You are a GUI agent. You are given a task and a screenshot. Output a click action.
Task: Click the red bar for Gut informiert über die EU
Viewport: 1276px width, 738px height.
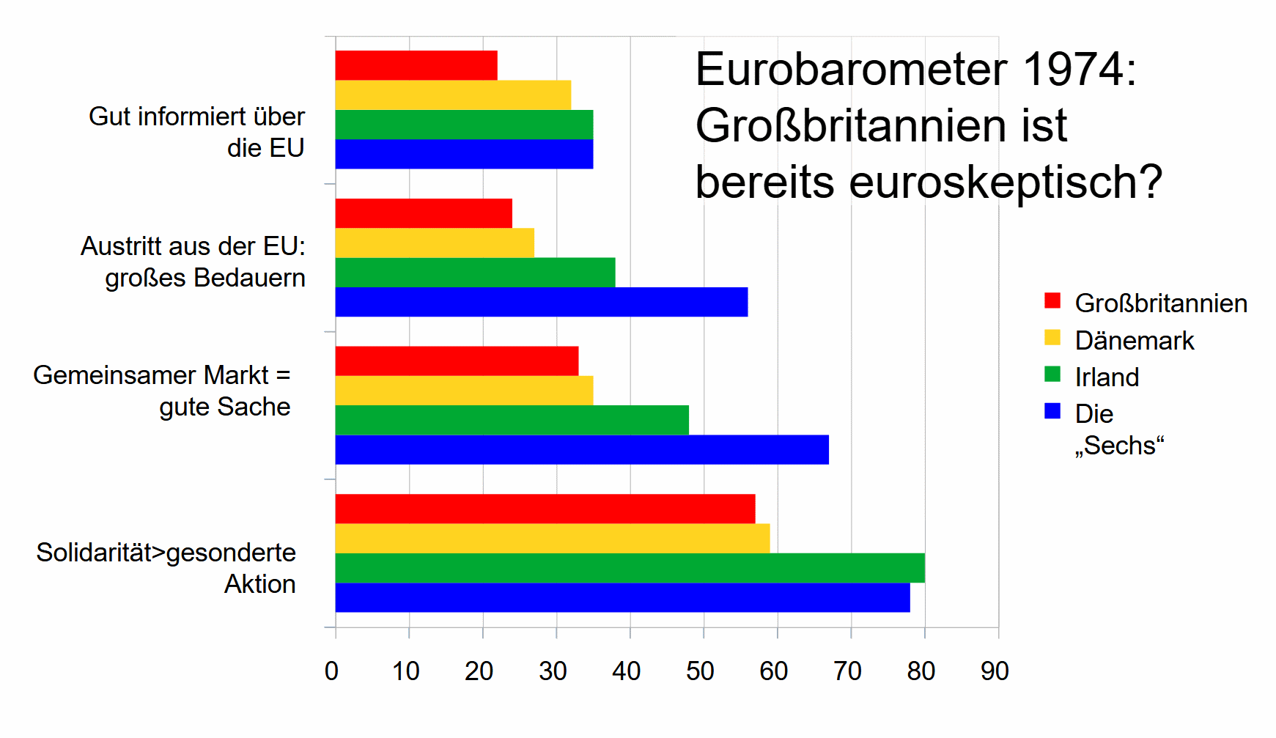point(416,65)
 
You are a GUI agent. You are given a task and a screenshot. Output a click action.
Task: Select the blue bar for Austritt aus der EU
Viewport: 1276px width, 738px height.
point(541,302)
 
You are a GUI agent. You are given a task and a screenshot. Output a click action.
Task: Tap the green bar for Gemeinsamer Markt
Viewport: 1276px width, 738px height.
point(512,420)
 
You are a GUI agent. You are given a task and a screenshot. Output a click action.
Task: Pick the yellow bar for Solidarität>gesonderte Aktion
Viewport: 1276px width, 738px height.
point(552,539)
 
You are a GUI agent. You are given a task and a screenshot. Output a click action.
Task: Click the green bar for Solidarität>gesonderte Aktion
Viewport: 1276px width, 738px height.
point(630,568)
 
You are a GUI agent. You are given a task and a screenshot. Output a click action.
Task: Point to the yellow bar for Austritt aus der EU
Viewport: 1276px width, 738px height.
point(435,243)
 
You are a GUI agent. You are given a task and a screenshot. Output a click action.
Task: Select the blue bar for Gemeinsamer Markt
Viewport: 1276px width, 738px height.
point(582,449)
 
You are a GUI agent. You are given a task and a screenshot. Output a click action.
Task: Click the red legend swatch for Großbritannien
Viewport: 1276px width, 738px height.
point(1052,300)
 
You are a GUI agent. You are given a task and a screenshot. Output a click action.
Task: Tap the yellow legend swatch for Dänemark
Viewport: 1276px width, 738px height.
point(1052,337)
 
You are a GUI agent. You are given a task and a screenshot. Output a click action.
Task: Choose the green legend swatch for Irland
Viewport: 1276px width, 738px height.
point(1052,374)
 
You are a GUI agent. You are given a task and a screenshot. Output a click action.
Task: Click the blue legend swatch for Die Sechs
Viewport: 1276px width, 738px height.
point(1052,411)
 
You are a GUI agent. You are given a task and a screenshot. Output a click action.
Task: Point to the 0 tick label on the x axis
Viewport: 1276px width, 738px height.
point(332,671)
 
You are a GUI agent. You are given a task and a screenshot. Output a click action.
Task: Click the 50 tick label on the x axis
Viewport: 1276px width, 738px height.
point(700,671)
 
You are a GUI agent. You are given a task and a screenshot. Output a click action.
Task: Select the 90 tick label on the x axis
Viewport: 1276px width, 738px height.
point(995,671)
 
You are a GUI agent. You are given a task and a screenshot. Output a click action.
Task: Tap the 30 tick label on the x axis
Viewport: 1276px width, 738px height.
point(553,671)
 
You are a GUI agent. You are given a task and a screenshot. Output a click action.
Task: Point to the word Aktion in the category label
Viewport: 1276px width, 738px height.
point(260,584)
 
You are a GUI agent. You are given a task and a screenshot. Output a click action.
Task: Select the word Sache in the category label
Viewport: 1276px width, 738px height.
point(257,407)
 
